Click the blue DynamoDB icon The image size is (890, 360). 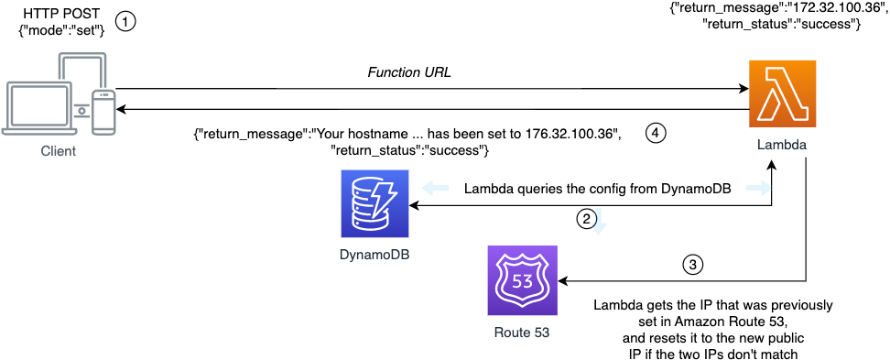pyautogui.click(x=373, y=204)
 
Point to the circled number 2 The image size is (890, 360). pyautogui.click(x=587, y=219)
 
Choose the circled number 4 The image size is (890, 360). pyautogui.click(x=655, y=133)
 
